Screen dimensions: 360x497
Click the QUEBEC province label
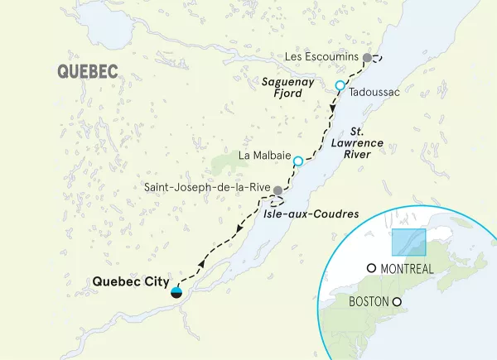[x=87, y=72]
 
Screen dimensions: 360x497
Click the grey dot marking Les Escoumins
[x=367, y=57]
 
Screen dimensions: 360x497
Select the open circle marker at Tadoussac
[x=340, y=86]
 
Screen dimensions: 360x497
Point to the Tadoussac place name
[x=374, y=92]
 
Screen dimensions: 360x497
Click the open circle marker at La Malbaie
[x=297, y=161]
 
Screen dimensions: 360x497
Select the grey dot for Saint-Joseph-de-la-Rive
[x=278, y=191]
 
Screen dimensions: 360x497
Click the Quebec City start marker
[x=176, y=291]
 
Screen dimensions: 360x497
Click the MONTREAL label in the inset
[x=407, y=269]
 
